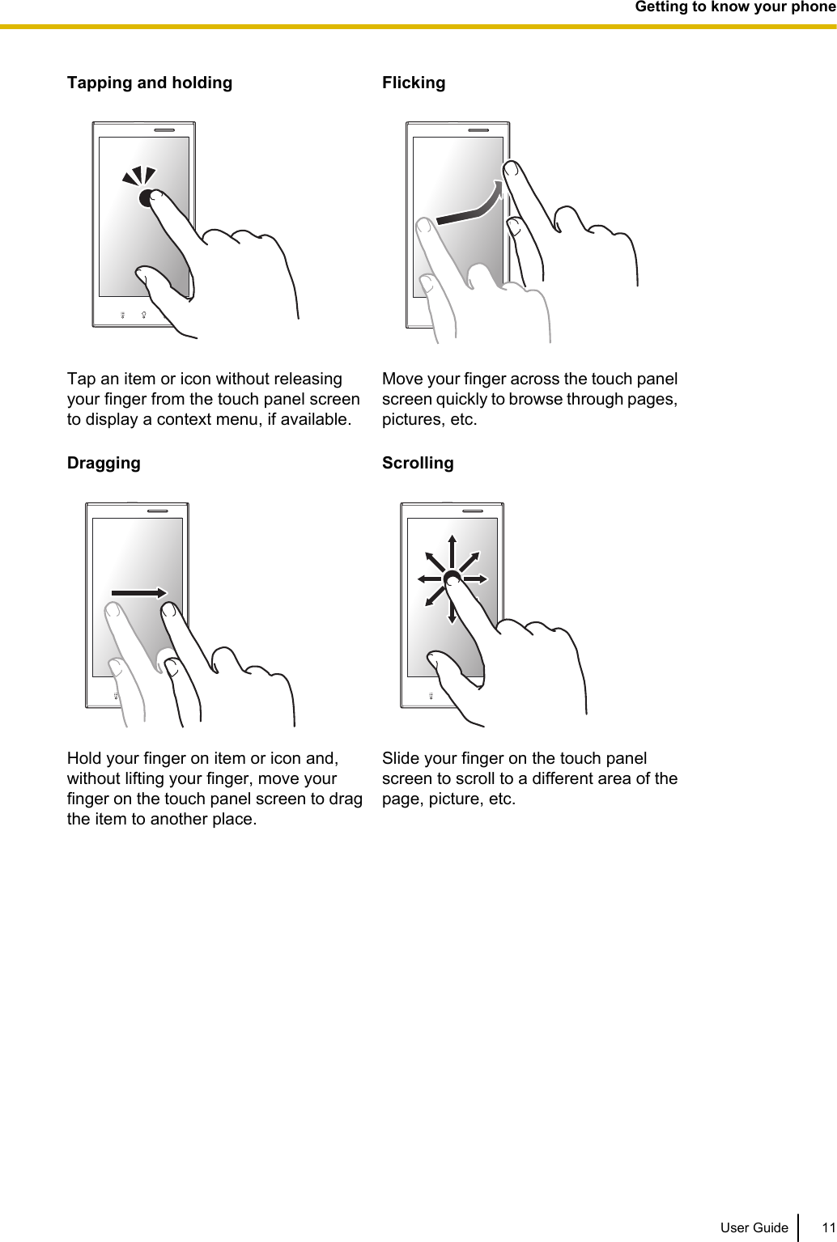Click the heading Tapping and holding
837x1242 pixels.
(149, 83)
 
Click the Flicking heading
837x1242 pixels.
(413, 83)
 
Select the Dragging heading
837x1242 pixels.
(103, 463)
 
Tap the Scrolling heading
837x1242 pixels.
(417, 463)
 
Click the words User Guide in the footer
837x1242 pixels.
(754, 1227)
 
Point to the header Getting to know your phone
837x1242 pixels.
(734, 7)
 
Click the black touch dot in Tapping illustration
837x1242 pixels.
(146, 198)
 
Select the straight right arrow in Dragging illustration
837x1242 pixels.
(139, 593)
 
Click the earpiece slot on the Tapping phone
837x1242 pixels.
(164, 129)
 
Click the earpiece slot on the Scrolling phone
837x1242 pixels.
(472, 511)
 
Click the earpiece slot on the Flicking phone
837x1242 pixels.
(478, 129)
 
